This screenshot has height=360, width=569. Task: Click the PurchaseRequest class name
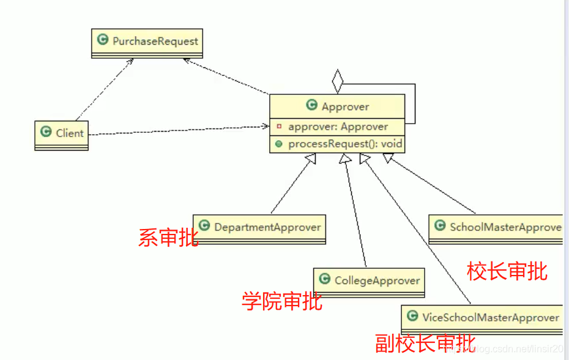coord(155,41)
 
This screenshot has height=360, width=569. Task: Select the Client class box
coord(61,133)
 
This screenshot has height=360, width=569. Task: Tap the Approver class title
coord(345,107)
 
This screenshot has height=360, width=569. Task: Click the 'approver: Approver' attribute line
coord(338,127)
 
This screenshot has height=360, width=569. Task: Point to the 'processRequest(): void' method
coord(345,144)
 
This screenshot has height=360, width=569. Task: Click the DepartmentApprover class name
coord(267,227)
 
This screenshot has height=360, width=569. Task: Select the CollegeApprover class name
coord(377,280)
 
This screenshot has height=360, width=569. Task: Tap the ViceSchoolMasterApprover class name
coord(491,317)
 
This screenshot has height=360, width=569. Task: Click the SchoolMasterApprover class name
coord(505,227)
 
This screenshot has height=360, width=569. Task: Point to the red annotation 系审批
coord(169,238)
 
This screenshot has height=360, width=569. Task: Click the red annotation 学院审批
coord(282,301)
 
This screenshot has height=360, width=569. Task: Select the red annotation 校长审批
coord(507,271)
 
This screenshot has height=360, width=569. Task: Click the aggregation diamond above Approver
coord(337,81)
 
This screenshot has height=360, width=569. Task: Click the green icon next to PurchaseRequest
coord(103,41)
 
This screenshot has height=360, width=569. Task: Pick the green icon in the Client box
coord(46,132)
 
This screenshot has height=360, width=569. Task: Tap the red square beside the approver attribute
coord(279,127)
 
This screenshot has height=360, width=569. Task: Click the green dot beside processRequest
coord(279,144)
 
